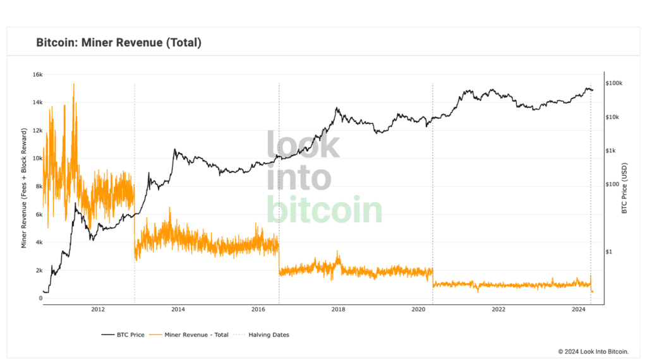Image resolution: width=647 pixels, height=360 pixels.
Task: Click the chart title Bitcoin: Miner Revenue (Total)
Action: tap(119, 43)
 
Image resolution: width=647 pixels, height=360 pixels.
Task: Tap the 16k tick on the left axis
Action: tap(37, 75)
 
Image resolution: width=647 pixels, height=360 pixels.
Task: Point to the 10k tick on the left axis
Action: tap(37, 159)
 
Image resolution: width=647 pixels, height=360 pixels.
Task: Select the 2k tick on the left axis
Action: tap(37, 270)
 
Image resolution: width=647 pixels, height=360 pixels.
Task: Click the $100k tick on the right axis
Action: tap(614, 83)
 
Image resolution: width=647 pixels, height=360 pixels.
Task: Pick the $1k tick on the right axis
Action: tap(610, 151)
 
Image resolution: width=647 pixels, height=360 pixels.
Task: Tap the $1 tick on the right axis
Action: tap(609, 252)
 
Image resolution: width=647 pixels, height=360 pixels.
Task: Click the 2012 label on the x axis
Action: tap(98, 309)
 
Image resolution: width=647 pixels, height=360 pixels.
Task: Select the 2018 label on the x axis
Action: tap(338, 309)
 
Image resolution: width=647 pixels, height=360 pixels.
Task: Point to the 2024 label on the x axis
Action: tap(578, 309)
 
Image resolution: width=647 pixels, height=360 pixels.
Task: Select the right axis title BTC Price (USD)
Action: tap(624, 188)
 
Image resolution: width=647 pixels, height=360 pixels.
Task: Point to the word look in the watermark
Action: tap(303, 145)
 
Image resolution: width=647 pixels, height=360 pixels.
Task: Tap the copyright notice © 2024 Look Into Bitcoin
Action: tap(598, 351)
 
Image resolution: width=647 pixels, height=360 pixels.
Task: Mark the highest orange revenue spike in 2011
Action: tap(73, 84)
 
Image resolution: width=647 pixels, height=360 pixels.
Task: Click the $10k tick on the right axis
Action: tap(612, 117)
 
